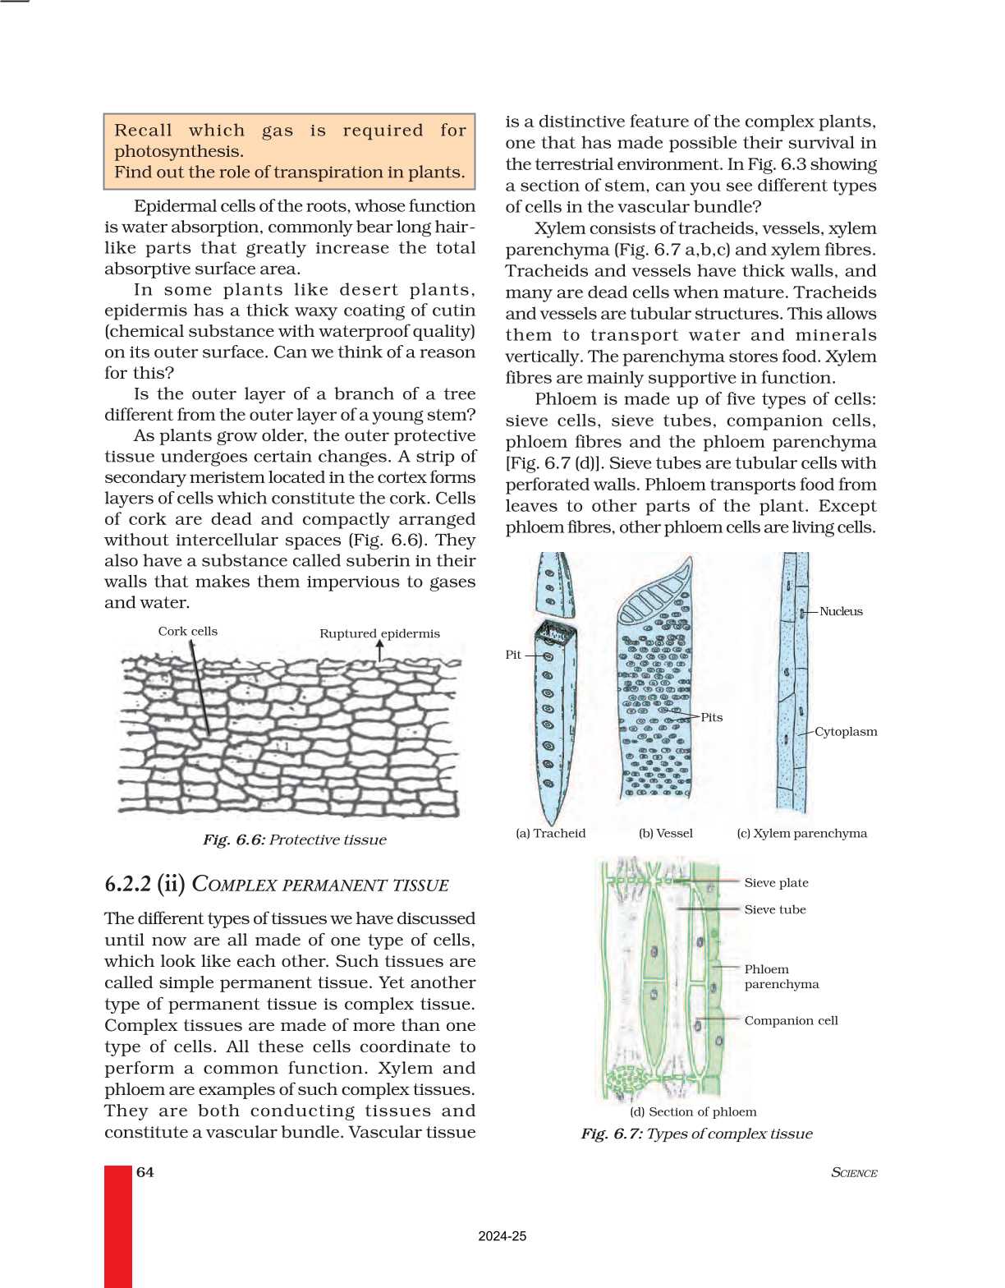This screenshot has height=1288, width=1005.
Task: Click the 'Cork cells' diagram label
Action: pos(187,631)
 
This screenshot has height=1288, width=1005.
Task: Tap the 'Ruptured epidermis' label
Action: pos(379,633)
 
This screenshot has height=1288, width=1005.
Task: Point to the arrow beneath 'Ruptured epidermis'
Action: pos(379,651)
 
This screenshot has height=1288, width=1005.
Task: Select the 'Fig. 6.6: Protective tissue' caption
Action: pos(294,839)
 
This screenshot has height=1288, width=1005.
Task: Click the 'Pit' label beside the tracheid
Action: pos(513,655)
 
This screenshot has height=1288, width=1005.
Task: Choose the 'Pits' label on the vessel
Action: pos(711,717)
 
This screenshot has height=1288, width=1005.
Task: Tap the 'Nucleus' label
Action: pos(841,611)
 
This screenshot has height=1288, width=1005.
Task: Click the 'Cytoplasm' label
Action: pos(846,732)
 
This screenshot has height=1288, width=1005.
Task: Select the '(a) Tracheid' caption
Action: pos(550,833)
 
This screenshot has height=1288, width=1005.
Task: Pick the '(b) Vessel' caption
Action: pos(665,833)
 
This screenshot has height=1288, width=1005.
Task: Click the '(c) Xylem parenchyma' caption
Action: pos(801,833)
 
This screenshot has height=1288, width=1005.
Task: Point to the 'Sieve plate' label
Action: pos(776,883)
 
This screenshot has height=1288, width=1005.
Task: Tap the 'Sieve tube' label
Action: pos(775,909)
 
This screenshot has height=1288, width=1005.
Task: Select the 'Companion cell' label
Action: pos(791,1020)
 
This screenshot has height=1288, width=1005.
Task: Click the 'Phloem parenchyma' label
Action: pos(781,977)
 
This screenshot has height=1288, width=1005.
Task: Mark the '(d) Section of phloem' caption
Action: pos(693,1111)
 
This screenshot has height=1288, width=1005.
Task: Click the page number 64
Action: pos(145,1172)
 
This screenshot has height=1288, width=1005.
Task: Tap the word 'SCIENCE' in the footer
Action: pos(854,1173)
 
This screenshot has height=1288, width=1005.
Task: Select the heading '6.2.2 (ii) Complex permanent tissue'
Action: pos(277,885)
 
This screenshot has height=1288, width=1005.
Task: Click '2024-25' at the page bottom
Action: pos(502,1236)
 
